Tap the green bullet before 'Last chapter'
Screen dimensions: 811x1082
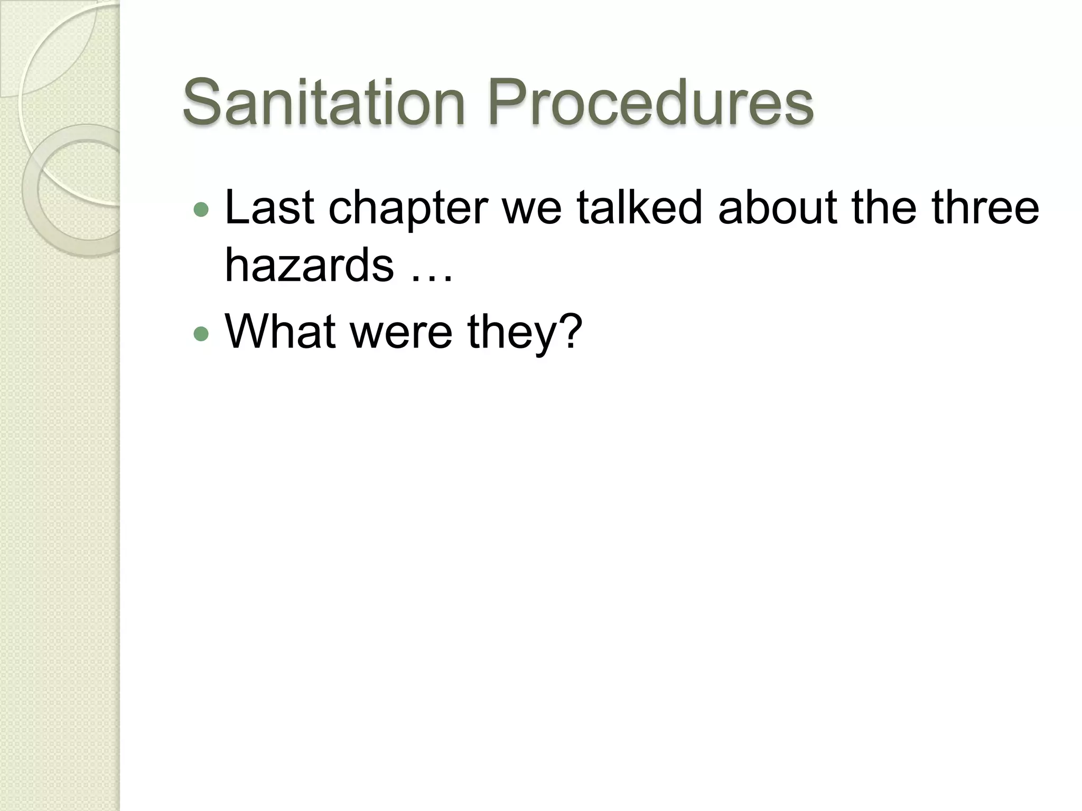(x=201, y=210)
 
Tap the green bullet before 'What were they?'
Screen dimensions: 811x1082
(x=201, y=334)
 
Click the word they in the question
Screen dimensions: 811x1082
(x=511, y=334)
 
